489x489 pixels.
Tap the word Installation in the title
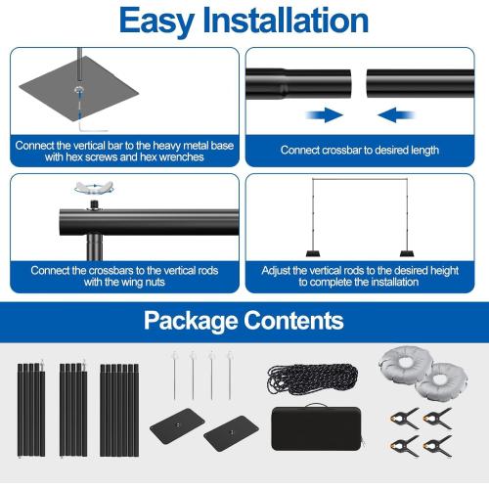coord(286,21)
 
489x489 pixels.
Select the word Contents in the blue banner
coord(293,321)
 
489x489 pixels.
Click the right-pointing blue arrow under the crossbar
coord(325,115)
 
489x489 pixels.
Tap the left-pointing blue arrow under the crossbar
coord(396,115)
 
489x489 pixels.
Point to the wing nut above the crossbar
coord(94,188)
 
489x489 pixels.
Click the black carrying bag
coord(317,427)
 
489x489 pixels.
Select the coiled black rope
coord(313,379)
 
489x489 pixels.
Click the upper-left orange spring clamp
coord(405,418)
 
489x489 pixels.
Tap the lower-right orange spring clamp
coord(438,446)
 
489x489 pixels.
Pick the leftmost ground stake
coord(175,376)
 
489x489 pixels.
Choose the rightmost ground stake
coord(230,376)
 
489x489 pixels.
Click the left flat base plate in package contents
coord(177,425)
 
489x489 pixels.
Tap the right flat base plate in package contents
coord(231,433)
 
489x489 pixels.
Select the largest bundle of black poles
coord(119,410)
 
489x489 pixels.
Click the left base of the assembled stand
coord(313,253)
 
